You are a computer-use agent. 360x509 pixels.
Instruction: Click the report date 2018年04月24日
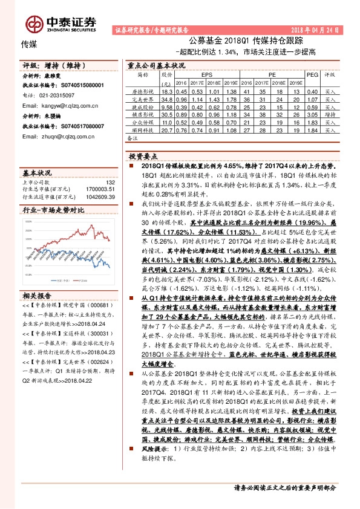318,29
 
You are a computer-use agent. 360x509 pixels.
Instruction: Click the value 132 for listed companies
110,182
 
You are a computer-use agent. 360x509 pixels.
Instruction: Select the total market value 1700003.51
100,189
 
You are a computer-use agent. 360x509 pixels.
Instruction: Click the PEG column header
312,75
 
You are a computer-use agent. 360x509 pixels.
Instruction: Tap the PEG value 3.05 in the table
312,114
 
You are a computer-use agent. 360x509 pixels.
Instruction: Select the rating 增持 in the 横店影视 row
330,114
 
